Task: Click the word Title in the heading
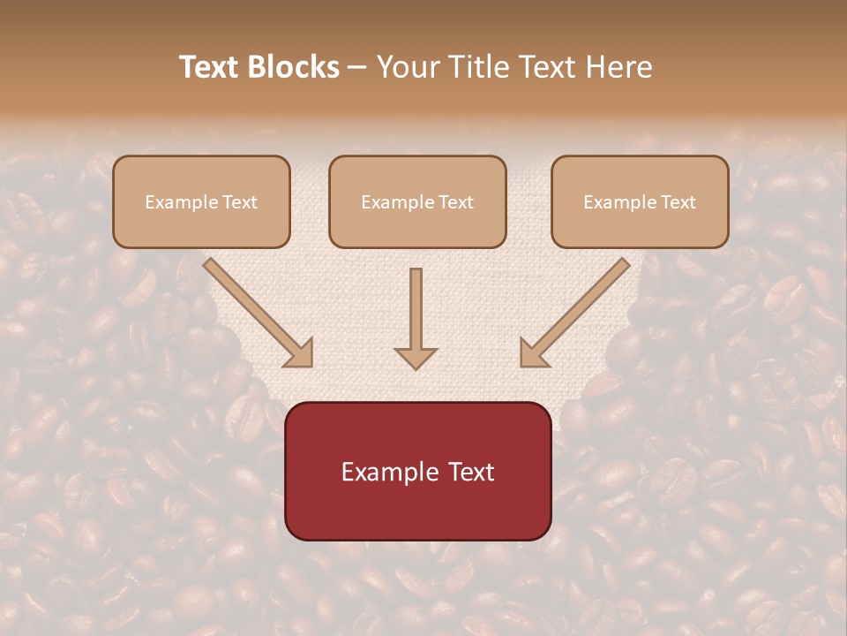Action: click(474, 67)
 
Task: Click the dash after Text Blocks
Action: click(357, 68)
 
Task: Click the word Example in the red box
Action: click(389, 473)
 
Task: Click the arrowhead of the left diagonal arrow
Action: click(300, 354)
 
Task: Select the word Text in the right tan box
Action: click(678, 202)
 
